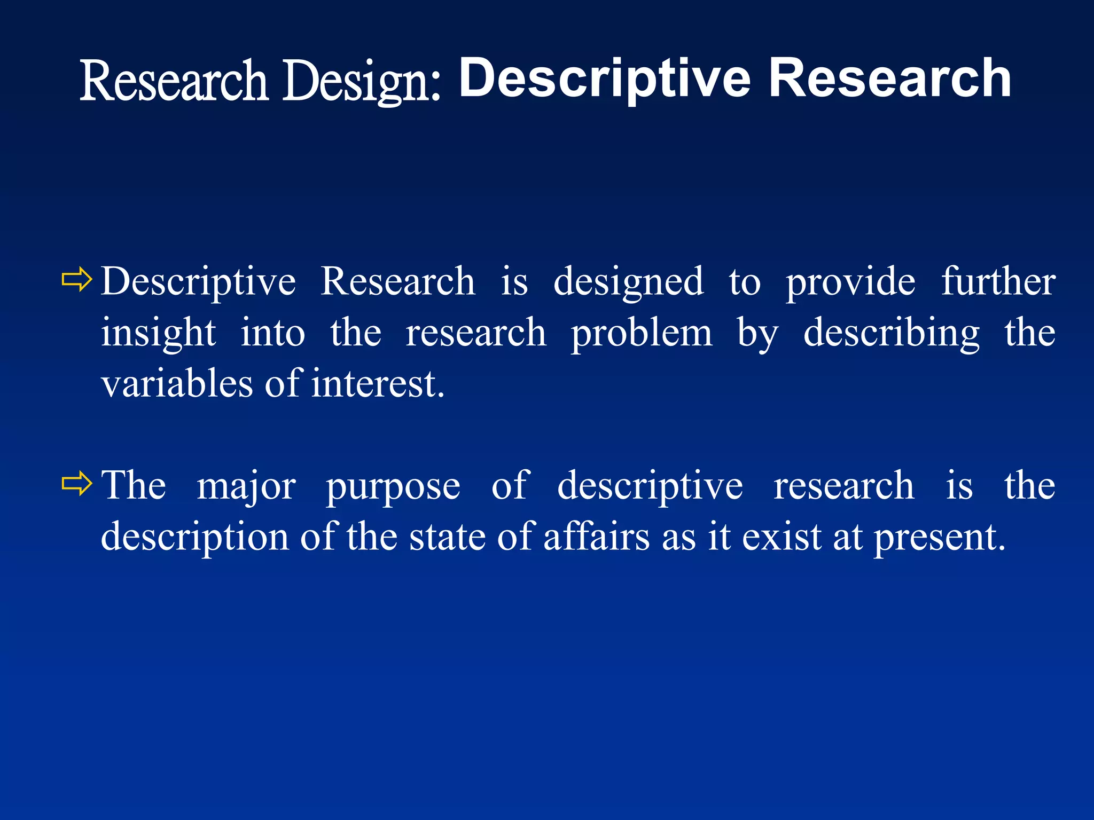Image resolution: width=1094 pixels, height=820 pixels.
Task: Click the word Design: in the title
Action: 362,81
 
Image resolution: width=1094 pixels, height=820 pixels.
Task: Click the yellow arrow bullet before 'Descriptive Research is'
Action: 77,279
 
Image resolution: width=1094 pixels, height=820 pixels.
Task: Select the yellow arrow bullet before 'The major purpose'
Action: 77,483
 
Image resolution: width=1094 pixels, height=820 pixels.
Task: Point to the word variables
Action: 177,383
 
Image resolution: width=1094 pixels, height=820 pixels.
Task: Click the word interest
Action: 378,383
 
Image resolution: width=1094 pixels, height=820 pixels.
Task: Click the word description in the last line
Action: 195,537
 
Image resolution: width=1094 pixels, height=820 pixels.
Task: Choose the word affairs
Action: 596,537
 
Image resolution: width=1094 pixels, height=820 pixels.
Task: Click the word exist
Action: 782,537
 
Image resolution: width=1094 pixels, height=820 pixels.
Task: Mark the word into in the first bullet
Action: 272,333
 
